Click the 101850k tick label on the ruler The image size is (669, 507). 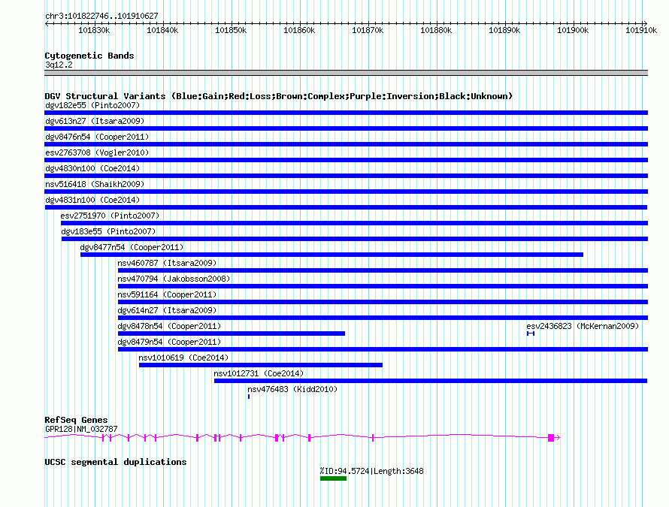click(231, 31)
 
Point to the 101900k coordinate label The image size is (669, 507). click(572, 31)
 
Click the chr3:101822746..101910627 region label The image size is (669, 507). click(101, 16)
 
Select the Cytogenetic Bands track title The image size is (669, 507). click(89, 56)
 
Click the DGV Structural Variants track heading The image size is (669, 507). click(278, 96)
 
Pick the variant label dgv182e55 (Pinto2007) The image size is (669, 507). click(92, 105)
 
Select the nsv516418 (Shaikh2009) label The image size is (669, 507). click(94, 184)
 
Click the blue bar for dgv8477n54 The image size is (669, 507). click(331, 255)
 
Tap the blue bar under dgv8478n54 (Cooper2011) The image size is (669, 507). click(232, 333)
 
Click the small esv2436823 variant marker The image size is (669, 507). click(531, 333)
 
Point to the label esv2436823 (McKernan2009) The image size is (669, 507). click(582, 326)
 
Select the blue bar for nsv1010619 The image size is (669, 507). click(260, 365)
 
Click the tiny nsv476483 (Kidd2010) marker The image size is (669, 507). click(249, 397)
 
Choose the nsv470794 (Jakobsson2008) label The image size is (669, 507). click(174, 279)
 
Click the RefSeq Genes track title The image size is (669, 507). click(76, 420)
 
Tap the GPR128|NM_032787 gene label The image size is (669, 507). click(81, 429)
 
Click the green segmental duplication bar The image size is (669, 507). click(333, 478)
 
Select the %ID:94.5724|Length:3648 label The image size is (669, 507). click(371, 471)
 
